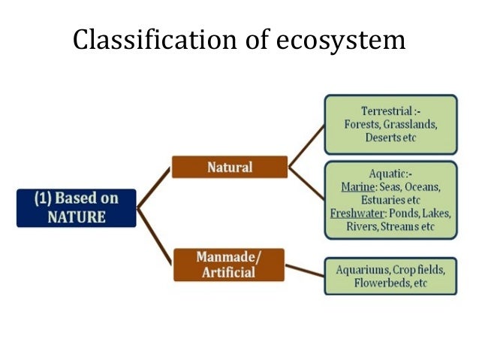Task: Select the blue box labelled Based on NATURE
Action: pyautogui.click(x=77, y=208)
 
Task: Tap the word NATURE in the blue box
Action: pyautogui.click(x=77, y=217)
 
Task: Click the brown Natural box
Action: pyautogui.click(x=229, y=167)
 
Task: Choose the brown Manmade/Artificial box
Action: pyautogui.click(x=229, y=265)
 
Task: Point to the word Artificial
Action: pyautogui.click(x=229, y=273)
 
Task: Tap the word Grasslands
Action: pyautogui.click(x=411, y=124)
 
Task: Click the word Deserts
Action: pyautogui.click(x=375, y=138)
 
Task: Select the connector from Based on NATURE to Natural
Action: pyautogui.click(x=154, y=187)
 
